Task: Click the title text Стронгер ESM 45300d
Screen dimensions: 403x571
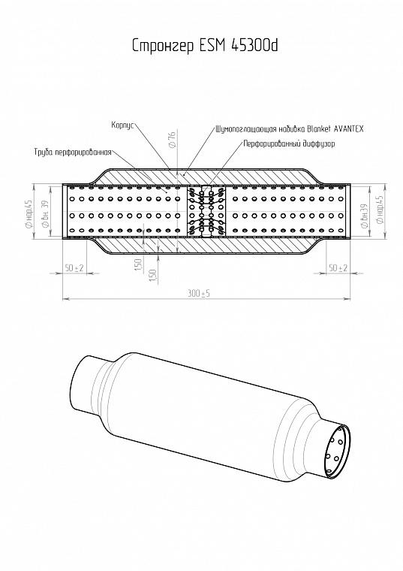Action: [x=205, y=46]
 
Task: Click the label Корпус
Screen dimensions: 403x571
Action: [x=123, y=125]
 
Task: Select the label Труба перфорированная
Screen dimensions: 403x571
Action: [x=73, y=153]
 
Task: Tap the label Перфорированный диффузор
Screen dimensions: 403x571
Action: [x=289, y=144]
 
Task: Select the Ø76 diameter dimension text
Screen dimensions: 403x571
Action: [x=172, y=140]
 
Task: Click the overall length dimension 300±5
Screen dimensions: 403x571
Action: [x=199, y=293]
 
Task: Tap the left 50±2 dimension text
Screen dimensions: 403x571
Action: [x=74, y=268]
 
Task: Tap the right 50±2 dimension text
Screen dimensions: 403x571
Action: [x=338, y=268]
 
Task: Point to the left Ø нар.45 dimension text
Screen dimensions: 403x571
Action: [x=29, y=214]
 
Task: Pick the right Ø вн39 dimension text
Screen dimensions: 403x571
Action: [x=364, y=216]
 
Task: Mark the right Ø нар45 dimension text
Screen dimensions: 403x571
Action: [x=380, y=210]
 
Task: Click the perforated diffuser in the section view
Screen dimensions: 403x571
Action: [x=206, y=212]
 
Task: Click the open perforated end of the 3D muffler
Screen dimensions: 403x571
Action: [x=337, y=452]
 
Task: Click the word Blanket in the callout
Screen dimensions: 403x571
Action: [x=319, y=129]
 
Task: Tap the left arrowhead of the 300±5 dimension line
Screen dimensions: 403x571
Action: [x=66, y=299]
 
